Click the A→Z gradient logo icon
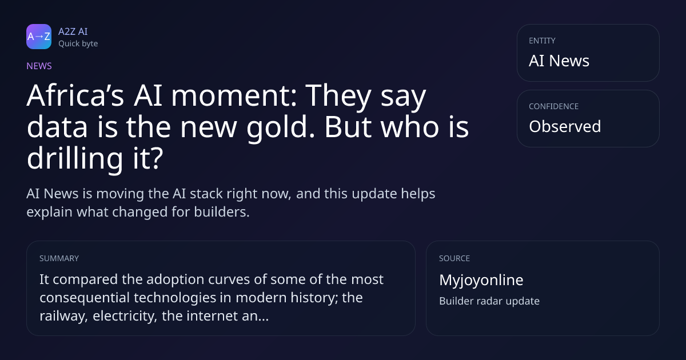(39, 37)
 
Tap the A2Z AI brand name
(73, 31)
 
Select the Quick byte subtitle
(78, 44)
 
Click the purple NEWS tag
(39, 66)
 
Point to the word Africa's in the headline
(75, 95)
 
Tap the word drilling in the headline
(75, 158)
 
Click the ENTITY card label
(542, 41)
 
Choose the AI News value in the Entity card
(559, 61)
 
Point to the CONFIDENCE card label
(554, 106)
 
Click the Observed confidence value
(565, 126)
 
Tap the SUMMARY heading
(59, 258)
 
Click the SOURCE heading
(454, 258)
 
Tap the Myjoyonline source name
(481, 280)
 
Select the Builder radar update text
(489, 301)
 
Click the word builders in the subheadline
(222, 212)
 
